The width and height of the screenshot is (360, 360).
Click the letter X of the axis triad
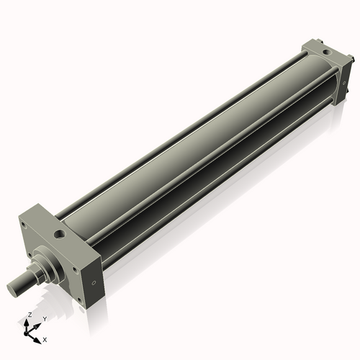(45, 338)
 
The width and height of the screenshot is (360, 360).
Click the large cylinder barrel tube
(194, 144)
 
